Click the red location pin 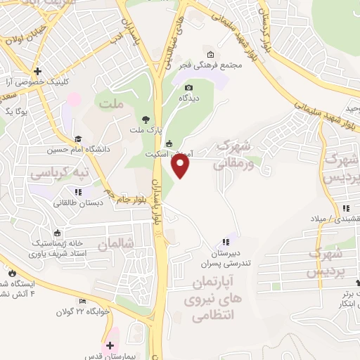click(x=181, y=166)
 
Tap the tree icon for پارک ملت click(x=146, y=119)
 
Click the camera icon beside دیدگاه click(x=188, y=88)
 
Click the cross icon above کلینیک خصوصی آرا click(x=37, y=71)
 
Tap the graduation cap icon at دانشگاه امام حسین click(x=78, y=139)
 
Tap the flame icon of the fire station click(x=11, y=272)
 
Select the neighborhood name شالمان click(x=116, y=244)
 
